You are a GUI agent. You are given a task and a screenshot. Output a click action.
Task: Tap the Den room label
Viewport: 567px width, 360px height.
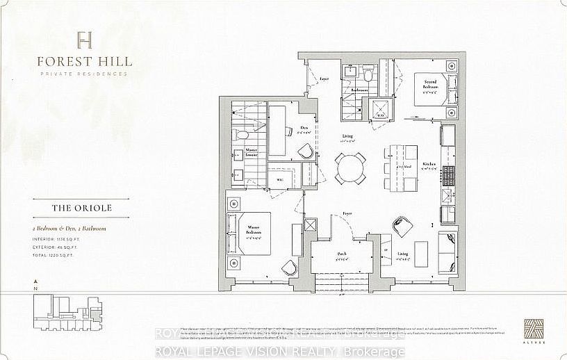pyautogui.click(x=304, y=128)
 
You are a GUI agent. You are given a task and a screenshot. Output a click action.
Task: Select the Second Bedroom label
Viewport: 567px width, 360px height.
pyautogui.click(x=431, y=85)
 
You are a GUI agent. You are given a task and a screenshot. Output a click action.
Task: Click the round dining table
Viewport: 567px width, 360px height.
pyautogui.click(x=350, y=167)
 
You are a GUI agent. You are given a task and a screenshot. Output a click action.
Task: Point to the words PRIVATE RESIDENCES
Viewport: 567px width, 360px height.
pyautogui.click(x=84, y=74)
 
